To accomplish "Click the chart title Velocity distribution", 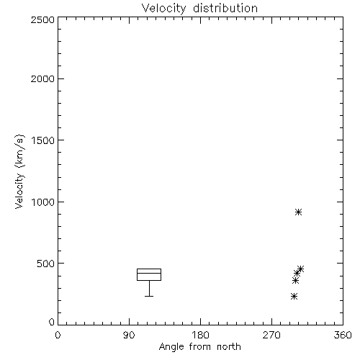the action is click(x=199, y=9).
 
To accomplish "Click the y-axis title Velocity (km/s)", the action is click(x=19, y=171).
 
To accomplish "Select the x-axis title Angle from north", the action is click(x=199, y=347).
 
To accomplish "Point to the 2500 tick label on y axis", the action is click(x=42, y=19).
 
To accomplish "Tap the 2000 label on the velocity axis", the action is click(x=42, y=78).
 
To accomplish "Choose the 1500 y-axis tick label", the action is click(x=43, y=140).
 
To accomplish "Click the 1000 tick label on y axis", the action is click(x=43, y=202).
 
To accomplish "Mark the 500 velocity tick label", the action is click(x=46, y=264).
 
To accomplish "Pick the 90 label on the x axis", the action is click(x=129, y=335).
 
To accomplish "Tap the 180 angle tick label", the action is click(x=200, y=335).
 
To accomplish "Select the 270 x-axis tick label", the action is click(x=271, y=335).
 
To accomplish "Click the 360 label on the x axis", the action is click(x=343, y=335).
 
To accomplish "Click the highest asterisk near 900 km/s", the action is click(x=298, y=212).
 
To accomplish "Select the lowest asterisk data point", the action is click(x=294, y=297).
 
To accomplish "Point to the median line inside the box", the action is click(x=149, y=273).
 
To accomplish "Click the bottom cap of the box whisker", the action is click(x=149, y=296).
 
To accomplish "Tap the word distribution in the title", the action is click(x=225, y=9).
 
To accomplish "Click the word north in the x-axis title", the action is click(x=229, y=347).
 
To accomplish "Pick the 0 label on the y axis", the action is click(x=52, y=322).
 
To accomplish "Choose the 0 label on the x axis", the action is click(x=58, y=335).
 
